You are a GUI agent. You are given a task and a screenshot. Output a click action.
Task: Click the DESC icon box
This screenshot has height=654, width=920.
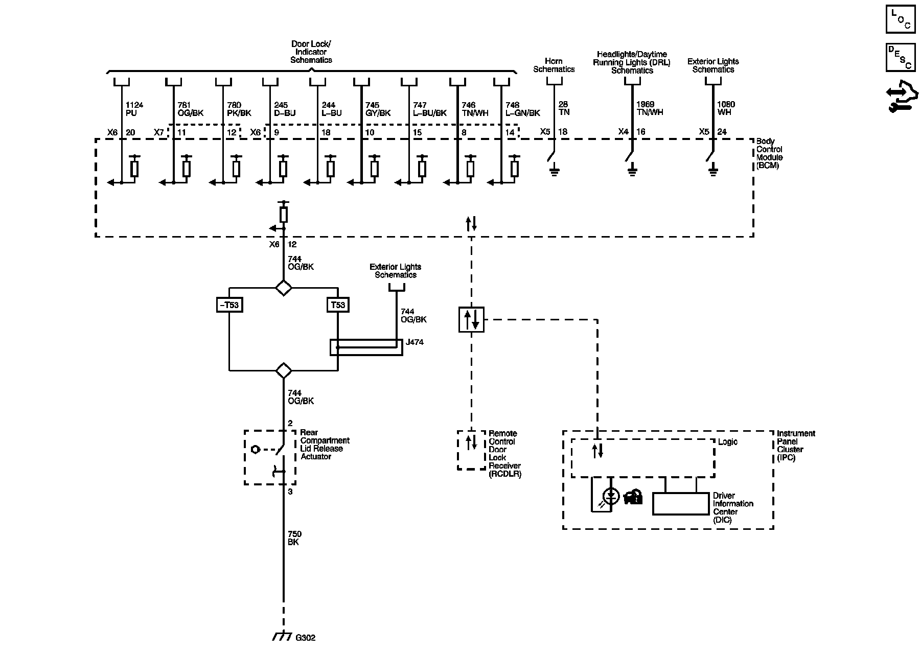click(x=900, y=57)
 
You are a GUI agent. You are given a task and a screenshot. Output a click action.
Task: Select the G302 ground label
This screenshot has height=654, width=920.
click(x=306, y=638)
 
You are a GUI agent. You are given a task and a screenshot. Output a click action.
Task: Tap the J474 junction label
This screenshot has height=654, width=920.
click(x=415, y=342)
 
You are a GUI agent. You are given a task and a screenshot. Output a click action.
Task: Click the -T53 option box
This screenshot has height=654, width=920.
click(x=228, y=305)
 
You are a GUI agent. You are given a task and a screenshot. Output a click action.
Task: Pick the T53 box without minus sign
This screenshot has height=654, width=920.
click(x=338, y=305)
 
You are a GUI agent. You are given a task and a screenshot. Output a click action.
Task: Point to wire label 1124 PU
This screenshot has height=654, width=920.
click(x=134, y=109)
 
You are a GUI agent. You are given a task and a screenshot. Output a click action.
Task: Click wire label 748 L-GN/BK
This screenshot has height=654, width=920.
click(x=522, y=109)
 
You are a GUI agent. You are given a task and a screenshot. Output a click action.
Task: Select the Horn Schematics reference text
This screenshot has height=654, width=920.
click(x=554, y=65)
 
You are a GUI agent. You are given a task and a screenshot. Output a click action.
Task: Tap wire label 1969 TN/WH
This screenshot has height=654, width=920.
click(x=650, y=108)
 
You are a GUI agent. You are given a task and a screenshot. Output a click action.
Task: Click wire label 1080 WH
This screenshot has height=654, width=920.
click(x=726, y=108)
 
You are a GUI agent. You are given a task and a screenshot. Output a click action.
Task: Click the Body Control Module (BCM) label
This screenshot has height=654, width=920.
click(x=769, y=153)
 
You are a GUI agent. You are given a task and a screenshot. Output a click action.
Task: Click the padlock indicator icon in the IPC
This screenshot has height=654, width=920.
click(x=633, y=497)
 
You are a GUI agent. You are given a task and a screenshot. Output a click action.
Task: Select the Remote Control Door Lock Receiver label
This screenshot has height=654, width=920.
click(x=504, y=453)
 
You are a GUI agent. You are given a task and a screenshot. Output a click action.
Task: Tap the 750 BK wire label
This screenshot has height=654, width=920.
click(x=294, y=538)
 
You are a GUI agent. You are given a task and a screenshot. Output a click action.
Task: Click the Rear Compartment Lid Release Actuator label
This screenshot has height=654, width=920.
click(x=325, y=445)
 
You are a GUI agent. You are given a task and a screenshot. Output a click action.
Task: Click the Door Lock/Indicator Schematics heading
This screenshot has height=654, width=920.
click(x=311, y=52)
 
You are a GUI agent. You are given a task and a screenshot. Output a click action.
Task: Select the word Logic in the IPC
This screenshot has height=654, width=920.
click(x=727, y=441)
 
